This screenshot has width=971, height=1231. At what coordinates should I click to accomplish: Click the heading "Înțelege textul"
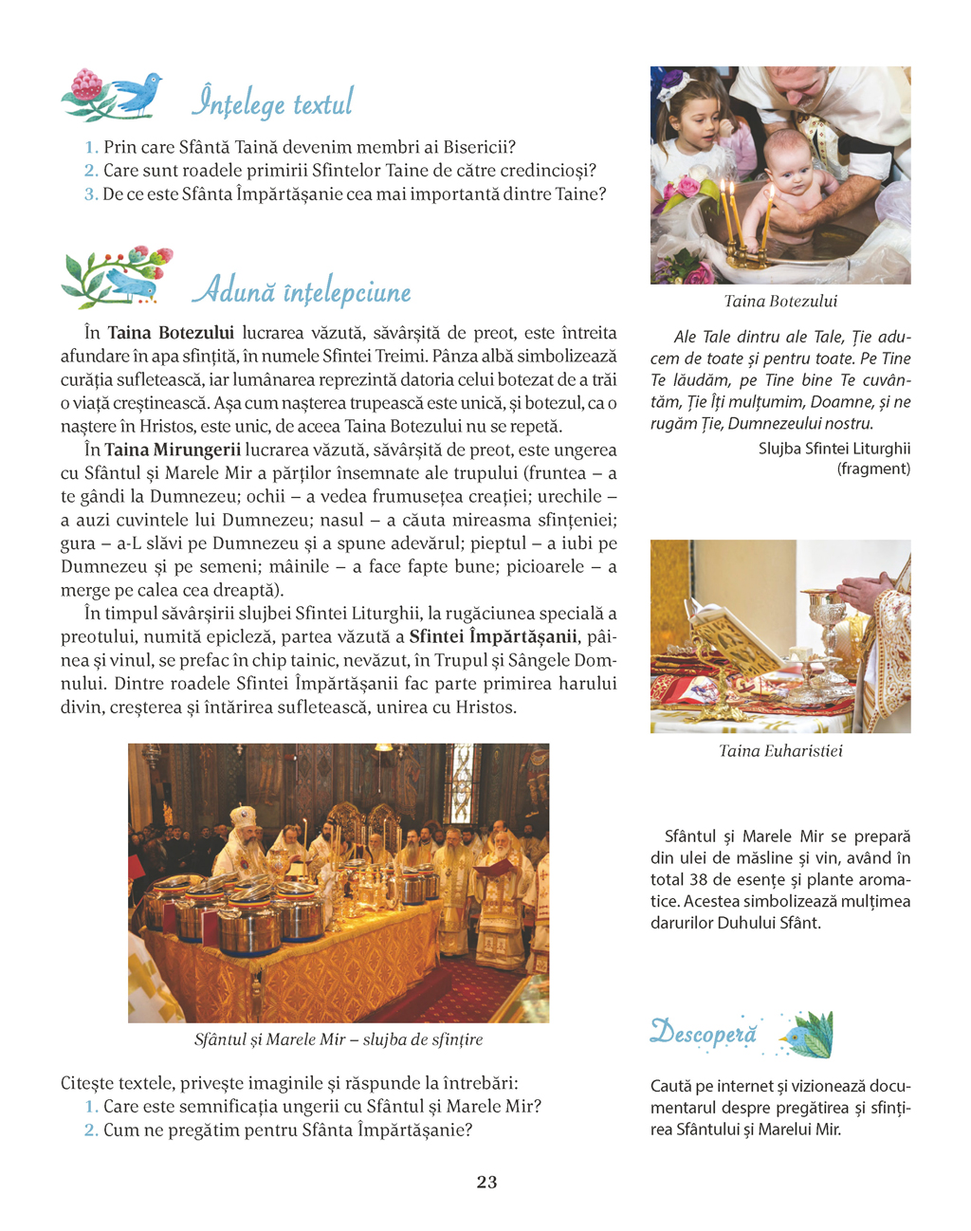pos(272,102)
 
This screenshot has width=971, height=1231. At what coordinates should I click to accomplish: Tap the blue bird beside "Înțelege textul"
pos(138,92)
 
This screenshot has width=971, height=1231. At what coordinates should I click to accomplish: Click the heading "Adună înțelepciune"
pos(302,291)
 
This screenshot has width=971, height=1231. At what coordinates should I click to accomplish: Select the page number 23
pos(486,1182)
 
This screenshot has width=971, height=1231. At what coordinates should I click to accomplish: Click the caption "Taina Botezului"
pos(780,302)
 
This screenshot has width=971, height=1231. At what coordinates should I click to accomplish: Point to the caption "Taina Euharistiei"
pos(780,751)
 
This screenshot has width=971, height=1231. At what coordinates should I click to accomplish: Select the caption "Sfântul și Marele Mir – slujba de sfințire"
pos(339,1039)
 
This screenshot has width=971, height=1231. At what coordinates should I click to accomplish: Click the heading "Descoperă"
pos(704,1034)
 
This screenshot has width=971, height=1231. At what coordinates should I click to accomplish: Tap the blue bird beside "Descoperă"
pos(805,1035)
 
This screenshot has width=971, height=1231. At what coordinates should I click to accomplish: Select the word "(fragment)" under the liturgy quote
pos(873,469)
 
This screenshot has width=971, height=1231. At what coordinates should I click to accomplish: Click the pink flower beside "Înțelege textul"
pos(86,85)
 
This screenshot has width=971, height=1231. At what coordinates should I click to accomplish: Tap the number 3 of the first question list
pos(91,194)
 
